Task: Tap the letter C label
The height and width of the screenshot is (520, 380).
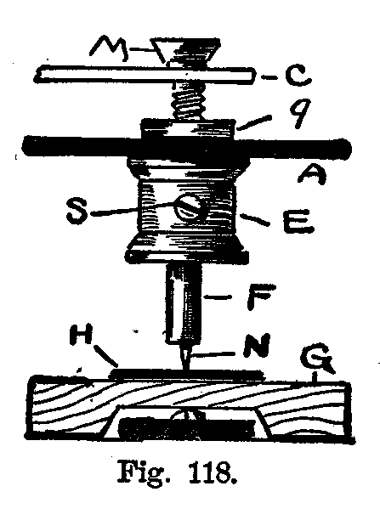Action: (x=298, y=77)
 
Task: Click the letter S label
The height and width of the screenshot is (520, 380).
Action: (x=77, y=212)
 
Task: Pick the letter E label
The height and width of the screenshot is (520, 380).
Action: (x=298, y=223)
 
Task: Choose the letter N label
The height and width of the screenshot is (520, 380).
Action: (x=257, y=345)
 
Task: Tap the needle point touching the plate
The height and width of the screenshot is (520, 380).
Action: (x=184, y=368)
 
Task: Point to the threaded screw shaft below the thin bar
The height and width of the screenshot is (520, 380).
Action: (x=187, y=99)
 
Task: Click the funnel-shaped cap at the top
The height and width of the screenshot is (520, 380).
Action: (x=186, y=51)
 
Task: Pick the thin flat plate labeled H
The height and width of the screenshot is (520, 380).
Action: (x=187, y=375)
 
